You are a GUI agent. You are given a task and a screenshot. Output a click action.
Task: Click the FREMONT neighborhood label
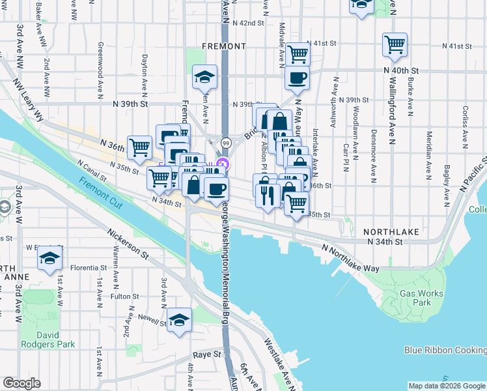click(224, 46)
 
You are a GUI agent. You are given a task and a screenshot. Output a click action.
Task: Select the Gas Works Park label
click(422, 298)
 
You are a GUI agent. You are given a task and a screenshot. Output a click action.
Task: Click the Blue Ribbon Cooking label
click(445, 350)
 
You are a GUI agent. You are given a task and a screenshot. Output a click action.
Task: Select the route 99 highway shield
click(225, 142)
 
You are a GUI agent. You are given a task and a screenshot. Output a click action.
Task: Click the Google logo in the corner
click(21, 383)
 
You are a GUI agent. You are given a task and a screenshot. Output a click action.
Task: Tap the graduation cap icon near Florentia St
click(50, 258)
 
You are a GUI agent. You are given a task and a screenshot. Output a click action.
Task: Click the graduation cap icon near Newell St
click(179, 320)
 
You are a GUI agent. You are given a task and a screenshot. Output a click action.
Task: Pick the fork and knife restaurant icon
click(268, 194)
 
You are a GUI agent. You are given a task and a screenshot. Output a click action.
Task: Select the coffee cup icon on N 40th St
click(297, 78)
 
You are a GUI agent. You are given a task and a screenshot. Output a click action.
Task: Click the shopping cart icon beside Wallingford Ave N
click(395, 44)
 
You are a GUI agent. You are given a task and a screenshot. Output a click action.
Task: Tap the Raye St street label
click(206, 355)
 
